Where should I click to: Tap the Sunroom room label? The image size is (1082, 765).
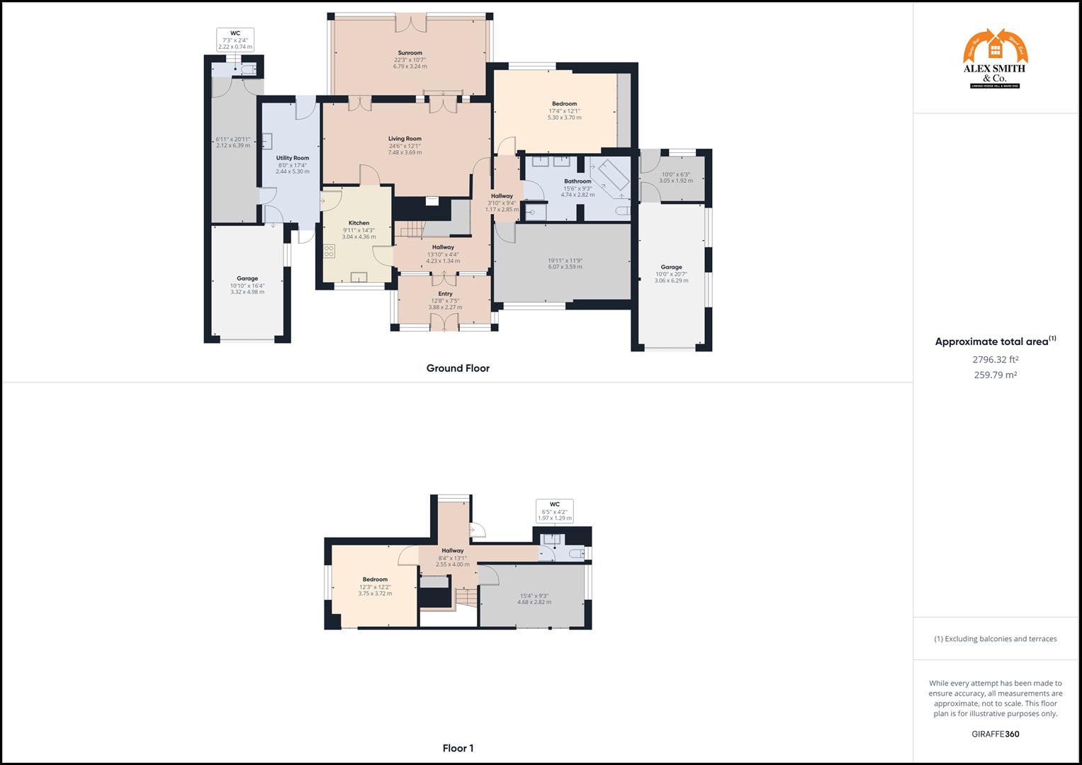[410, 53]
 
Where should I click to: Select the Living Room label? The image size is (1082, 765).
[405, 139]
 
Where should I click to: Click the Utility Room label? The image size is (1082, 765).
[292, 158]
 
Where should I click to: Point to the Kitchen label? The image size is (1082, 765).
[359, 223]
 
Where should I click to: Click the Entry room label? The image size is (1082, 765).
[445, 294]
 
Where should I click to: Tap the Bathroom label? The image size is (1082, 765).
[577, 181]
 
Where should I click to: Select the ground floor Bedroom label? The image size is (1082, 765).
[564, 104]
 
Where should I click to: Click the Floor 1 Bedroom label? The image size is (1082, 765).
[375, 579]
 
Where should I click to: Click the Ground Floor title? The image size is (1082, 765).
[458, 368]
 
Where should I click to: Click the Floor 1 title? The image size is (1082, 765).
[458, 748]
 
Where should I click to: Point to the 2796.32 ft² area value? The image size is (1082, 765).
[995, 360]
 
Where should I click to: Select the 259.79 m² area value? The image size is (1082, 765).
[995, 375]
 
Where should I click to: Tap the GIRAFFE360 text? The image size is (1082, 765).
[995, 734]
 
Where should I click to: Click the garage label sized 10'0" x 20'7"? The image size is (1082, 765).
[671, 268]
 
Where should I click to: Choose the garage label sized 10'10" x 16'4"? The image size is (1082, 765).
[247, 278]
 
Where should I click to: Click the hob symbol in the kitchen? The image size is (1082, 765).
[329, 251]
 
